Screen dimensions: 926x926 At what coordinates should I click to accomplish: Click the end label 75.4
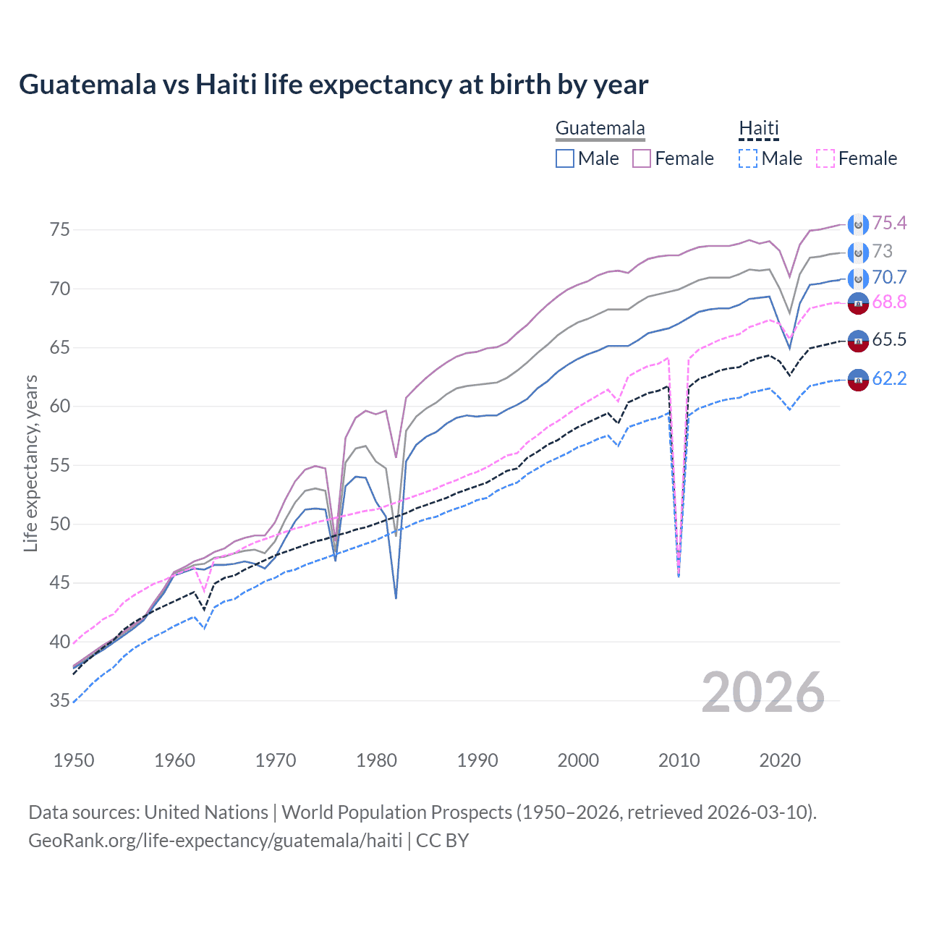(889, 224)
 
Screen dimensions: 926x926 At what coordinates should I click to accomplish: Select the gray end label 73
(882, 251)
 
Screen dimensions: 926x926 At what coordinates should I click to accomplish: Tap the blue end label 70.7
(889, 277)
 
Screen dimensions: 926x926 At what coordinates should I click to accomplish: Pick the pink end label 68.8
(889, 302)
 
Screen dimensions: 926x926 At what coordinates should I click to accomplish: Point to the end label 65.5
(889, 340)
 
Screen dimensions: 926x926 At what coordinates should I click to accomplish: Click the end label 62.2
(889, 378)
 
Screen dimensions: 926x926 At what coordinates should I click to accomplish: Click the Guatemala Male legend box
(565, 158)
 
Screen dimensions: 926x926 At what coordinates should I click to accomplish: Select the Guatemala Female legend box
(642, 158)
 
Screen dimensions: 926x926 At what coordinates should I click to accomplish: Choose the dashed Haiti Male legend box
(748, 158)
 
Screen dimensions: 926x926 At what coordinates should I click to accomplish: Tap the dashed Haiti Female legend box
(825, 158)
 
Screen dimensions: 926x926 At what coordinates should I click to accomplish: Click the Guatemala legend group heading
(600, 129)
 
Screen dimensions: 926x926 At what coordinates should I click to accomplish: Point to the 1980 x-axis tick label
(376, 760)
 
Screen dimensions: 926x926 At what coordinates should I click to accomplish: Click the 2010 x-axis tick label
(679, 760)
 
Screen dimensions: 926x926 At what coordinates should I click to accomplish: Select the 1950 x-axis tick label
(74, 760)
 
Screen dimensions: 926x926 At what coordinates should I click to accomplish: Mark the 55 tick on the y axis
(60, 465)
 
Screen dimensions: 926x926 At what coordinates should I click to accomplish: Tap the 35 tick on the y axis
(60, 700)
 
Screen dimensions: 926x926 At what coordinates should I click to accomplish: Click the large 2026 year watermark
(763, 692)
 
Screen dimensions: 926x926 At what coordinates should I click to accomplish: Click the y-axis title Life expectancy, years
(30, 463)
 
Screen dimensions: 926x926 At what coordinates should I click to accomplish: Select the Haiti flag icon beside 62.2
(858, 379)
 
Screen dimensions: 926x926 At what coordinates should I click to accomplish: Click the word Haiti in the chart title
(226, 85)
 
